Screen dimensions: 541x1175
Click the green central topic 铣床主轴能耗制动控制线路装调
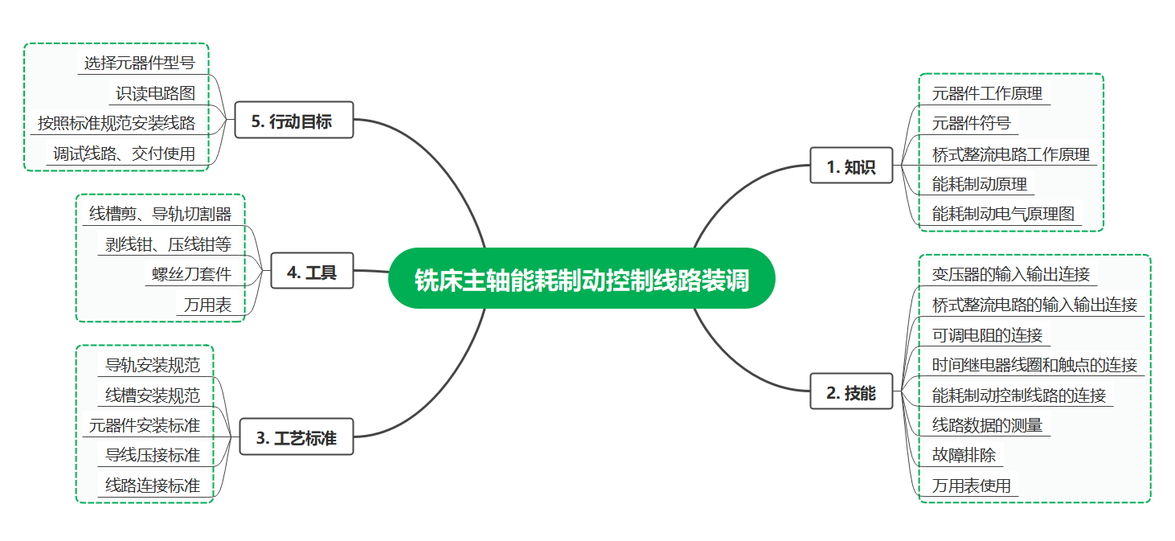[582, 278]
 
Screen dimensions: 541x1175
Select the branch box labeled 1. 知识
[850, 166]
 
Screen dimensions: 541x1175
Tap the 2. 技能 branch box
[850, 393]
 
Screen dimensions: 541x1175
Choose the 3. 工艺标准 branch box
[296, 438]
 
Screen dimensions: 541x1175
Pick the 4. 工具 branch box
[311, 273]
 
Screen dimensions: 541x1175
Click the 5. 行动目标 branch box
[293, 121]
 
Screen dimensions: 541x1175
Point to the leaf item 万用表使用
[971, 486]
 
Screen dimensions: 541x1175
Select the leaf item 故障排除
[964, 455]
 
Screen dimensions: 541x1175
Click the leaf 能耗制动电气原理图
[1003, 214]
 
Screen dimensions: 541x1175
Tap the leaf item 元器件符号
[971, 124]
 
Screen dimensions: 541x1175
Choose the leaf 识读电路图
[155, 93]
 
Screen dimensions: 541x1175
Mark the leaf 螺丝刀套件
[191, 274]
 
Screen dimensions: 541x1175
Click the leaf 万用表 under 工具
[207, 305]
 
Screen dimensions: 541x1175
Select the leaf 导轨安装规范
[153, 365]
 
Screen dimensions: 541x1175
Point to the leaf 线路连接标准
[153, 486]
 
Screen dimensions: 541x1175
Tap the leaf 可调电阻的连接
[987, 334]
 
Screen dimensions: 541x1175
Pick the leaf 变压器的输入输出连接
[1011, 274]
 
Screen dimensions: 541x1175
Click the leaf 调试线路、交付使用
[124, 154]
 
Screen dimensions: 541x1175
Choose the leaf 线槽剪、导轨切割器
[160, 214]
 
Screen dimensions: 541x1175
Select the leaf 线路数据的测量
[987, 425]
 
